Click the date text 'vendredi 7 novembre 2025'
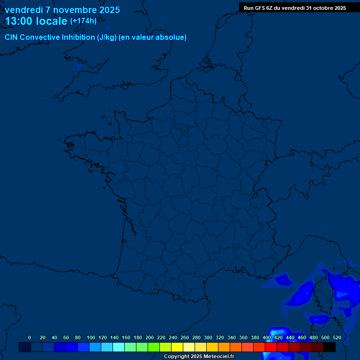[62, 10]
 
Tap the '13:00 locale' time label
[36, 21]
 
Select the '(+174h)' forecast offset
[83, 21]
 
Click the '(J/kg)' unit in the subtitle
[107, 37]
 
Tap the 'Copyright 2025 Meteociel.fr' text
[199, 357]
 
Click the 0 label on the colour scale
[30, 337]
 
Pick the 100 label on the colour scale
[91, 337]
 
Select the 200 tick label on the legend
[150, 337]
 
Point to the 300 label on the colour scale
[208, 337]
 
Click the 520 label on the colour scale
[337, 337]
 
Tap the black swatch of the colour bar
[330, 347]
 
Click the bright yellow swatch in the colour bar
[177, 347]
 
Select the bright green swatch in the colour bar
[154, 347]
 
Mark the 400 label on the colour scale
[267, 337]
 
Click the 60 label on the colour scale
[66, 337]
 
